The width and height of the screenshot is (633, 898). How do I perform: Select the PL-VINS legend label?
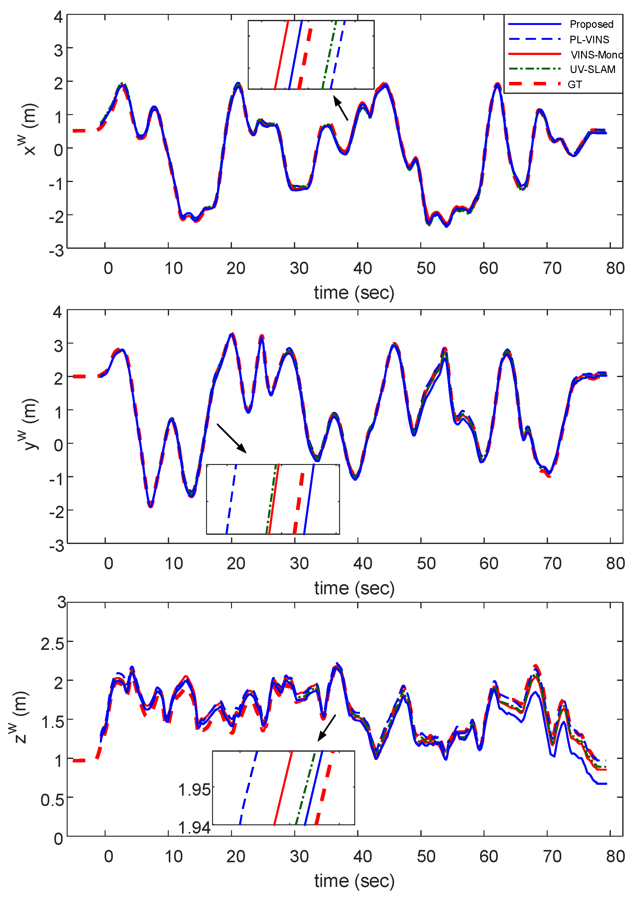(x=589, y=40)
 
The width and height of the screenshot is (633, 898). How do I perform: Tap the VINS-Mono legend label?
(x=595, y=54)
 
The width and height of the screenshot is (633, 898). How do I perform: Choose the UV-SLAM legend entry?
(x=592, y=69)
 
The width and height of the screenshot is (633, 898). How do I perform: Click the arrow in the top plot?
(x=341, y=109)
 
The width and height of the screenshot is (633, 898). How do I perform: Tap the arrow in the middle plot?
(x=231, y=438)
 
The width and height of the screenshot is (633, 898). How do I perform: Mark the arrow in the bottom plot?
(x=326, y=728)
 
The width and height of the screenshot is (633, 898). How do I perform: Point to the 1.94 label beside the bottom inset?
(x=194, y=828)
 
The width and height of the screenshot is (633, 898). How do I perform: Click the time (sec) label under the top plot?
(x=354, y=293)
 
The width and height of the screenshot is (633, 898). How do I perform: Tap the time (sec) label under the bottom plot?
(x=354, y=881)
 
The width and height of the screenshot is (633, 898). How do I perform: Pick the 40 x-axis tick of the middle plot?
(x=362, y=564)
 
